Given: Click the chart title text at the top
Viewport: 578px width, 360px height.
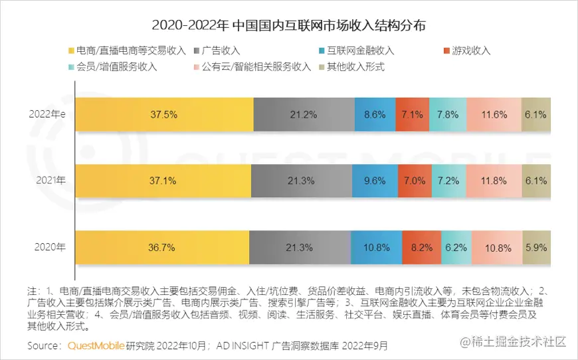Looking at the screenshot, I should pos(289,26).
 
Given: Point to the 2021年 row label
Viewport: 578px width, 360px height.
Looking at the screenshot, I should pos(51,180).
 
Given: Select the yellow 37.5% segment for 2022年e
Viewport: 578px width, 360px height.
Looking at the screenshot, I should pos(163,114).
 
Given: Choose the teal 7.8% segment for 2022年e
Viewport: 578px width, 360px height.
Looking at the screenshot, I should pos(447,114).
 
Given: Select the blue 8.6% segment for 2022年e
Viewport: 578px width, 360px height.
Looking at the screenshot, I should pos(374,114).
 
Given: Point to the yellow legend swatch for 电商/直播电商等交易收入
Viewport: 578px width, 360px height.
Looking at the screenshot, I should pos(72,50).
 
